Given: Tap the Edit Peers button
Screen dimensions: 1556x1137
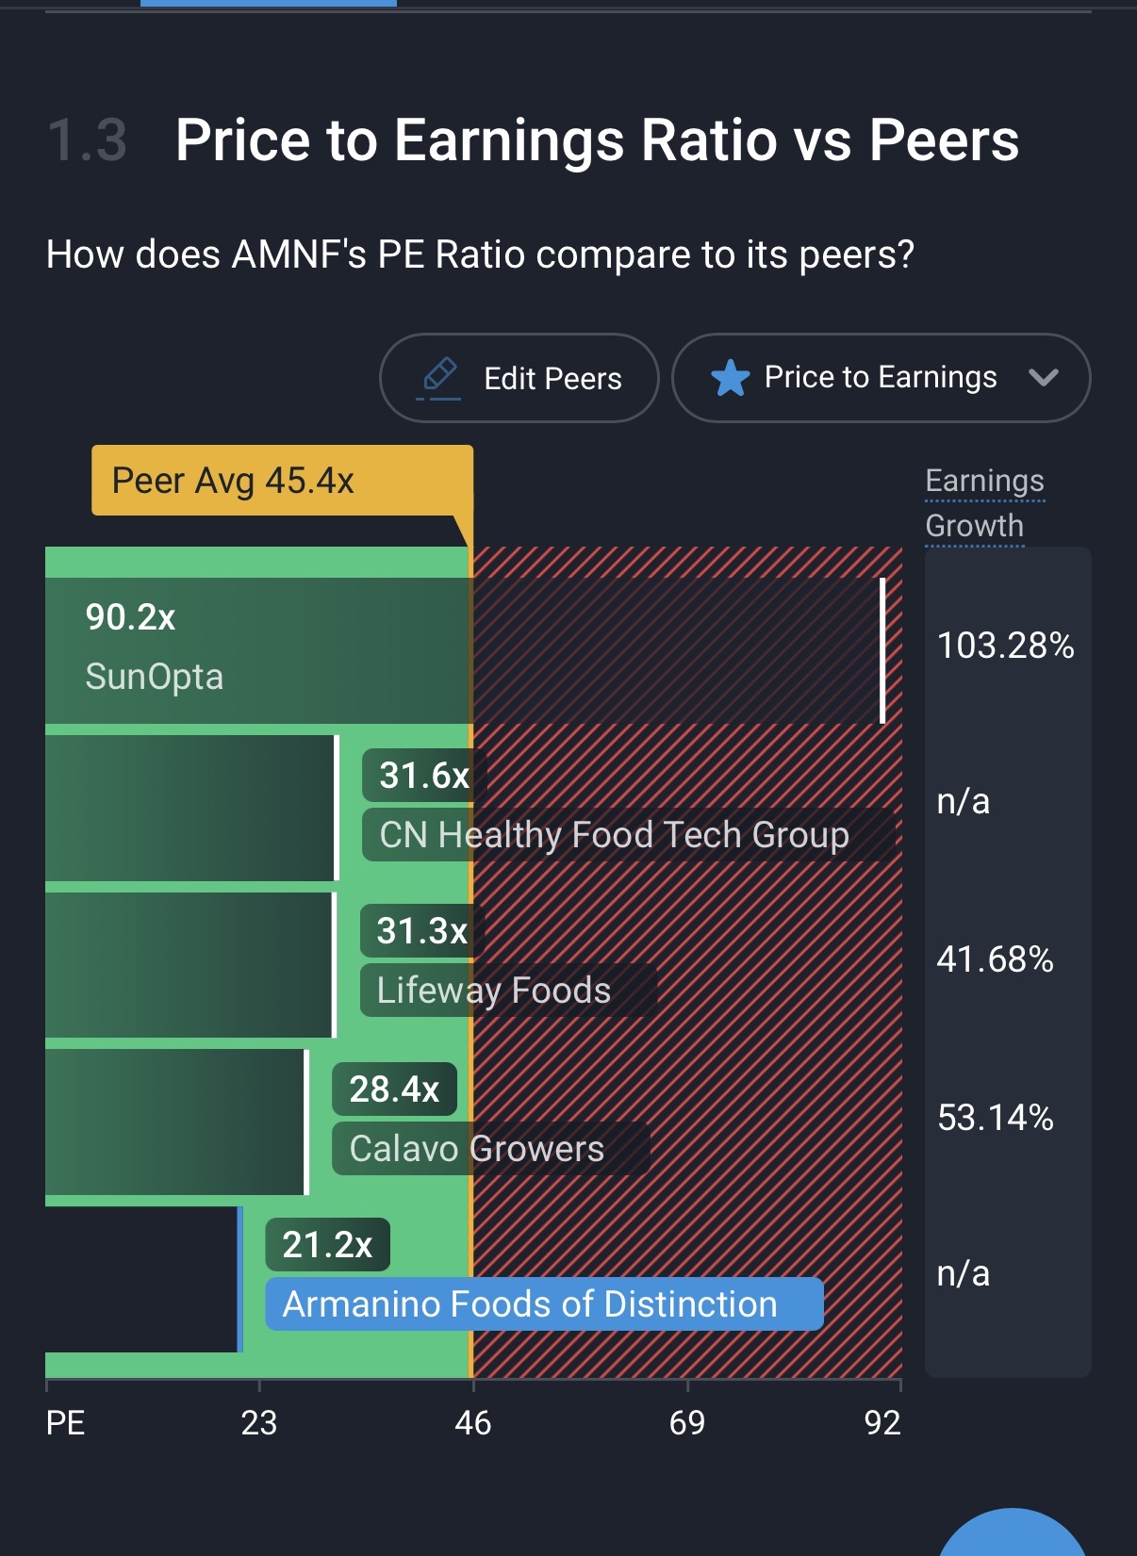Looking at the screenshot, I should coord(519,378).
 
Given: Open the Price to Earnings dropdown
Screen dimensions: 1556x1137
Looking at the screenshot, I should coord(881,378).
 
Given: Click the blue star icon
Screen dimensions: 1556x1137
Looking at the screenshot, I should coord(730,379).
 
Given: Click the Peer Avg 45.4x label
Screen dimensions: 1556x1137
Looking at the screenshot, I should coord(233,481).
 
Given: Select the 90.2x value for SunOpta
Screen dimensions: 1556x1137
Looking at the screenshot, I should coord(130,617).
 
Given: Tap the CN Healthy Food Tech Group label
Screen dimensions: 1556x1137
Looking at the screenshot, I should coord(614,835).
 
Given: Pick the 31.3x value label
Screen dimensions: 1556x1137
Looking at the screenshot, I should coord(421,931).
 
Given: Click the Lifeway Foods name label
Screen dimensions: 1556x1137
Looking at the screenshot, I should coord(494,991).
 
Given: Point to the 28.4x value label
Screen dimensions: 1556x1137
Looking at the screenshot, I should coord(394,1089).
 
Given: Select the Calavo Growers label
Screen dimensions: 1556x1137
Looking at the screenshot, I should coord(477,1149).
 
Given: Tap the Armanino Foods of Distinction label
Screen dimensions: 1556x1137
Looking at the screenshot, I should coord(530,1304).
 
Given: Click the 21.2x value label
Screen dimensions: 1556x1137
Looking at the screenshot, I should coord(327,1245).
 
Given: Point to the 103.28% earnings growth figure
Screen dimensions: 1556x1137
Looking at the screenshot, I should coord(1005,646).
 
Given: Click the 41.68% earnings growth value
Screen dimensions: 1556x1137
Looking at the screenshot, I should coord(995,959).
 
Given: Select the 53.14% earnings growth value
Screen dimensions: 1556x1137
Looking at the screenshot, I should coord(995,1118).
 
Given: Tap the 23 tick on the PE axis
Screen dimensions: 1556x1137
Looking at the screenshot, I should coord(258,1422).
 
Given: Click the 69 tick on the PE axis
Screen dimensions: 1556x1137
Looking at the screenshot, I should coord(686,1422).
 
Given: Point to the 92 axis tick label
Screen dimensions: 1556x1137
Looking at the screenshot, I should coord(882,1422).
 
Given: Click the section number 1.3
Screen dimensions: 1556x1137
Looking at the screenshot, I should coord(87,140).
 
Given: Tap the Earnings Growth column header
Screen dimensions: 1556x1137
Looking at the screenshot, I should coord(983,503).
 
